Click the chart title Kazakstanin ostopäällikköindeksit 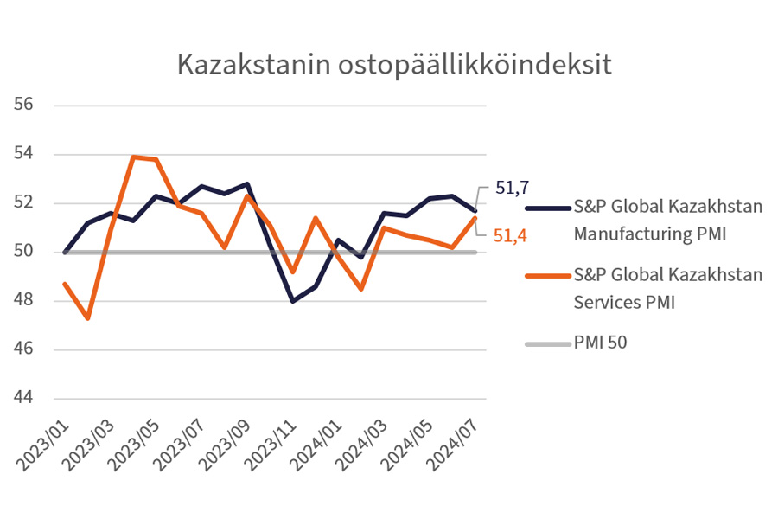coord(394,65)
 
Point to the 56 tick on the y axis coord(23,105)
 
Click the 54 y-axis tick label coord(23,154)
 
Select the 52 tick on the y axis coord(23,203)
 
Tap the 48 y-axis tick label coord(23,301)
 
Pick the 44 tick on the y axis coord(23,399)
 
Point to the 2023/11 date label coord(271,441)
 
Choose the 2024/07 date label coord(451,441)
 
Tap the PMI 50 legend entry coord(600,343)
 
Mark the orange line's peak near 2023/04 coord(134,157)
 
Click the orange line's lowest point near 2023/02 coord(88,318)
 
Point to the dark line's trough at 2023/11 coord(293,301)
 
